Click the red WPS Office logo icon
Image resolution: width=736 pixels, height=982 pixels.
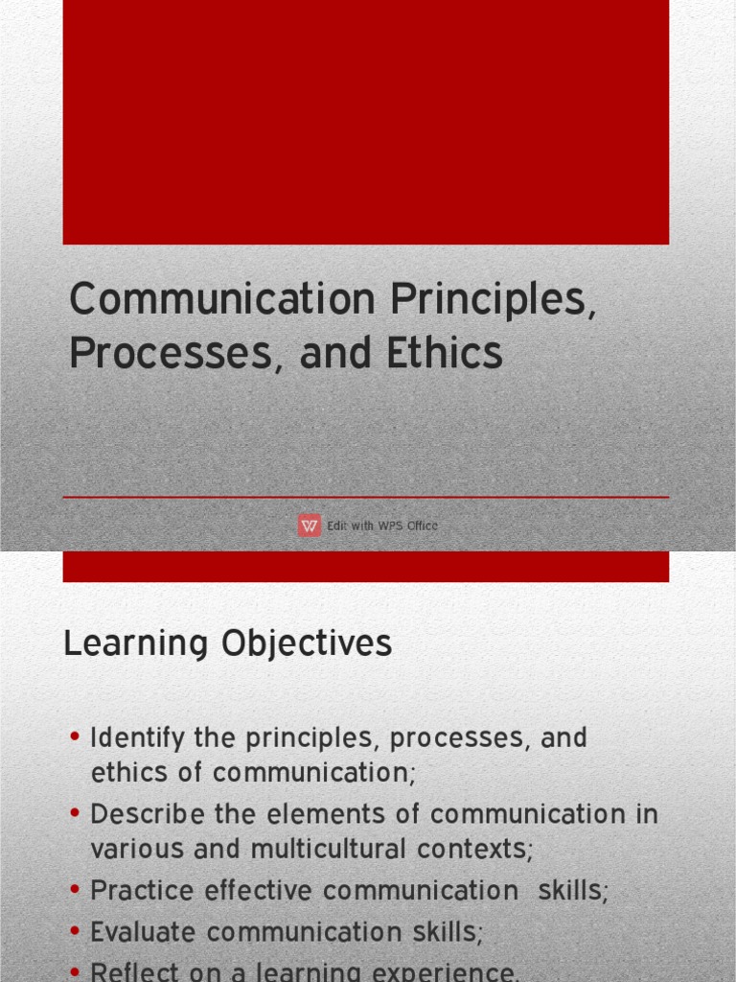click(309, 526)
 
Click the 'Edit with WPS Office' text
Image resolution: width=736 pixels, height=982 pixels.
click(382, 526)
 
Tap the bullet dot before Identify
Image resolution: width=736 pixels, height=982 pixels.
click(76, 737)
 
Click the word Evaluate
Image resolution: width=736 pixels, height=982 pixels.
click(144, 931)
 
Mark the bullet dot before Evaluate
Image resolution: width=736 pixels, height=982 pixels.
click(76, 930)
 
